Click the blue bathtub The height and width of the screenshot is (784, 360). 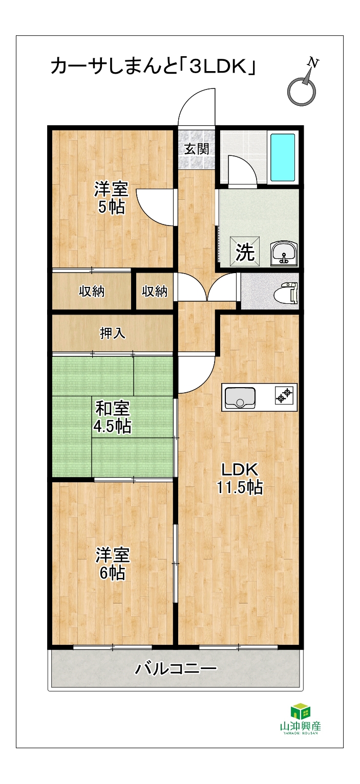282,157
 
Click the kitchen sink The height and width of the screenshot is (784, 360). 240,397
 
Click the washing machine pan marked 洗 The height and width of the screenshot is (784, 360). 245,252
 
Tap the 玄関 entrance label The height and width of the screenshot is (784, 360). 197,149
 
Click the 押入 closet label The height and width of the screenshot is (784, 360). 113,333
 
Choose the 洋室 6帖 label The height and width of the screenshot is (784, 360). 113,564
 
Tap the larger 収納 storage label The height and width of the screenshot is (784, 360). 92,291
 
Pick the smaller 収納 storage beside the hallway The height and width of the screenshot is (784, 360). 155,291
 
